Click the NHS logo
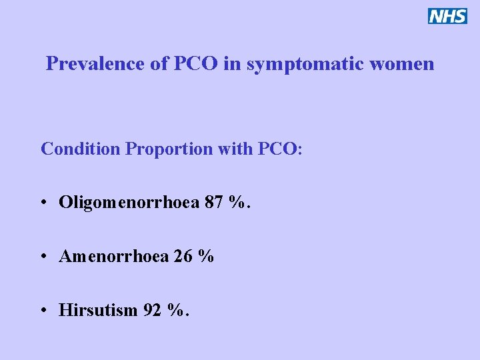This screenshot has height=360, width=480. [x=447, y=16]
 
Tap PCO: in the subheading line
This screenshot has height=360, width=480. [x=279, y=149]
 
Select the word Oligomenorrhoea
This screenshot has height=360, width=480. [x=129, y=202]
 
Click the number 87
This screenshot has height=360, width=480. [x=215, y=202]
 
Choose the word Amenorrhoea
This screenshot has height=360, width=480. [x=114, y=256]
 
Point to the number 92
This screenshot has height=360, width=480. [x=153, y=310]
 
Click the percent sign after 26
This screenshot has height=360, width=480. [x=206, y=256]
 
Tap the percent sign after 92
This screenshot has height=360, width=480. [x=176, y=310]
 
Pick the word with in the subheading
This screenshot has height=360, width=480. [x=234, y=149]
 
